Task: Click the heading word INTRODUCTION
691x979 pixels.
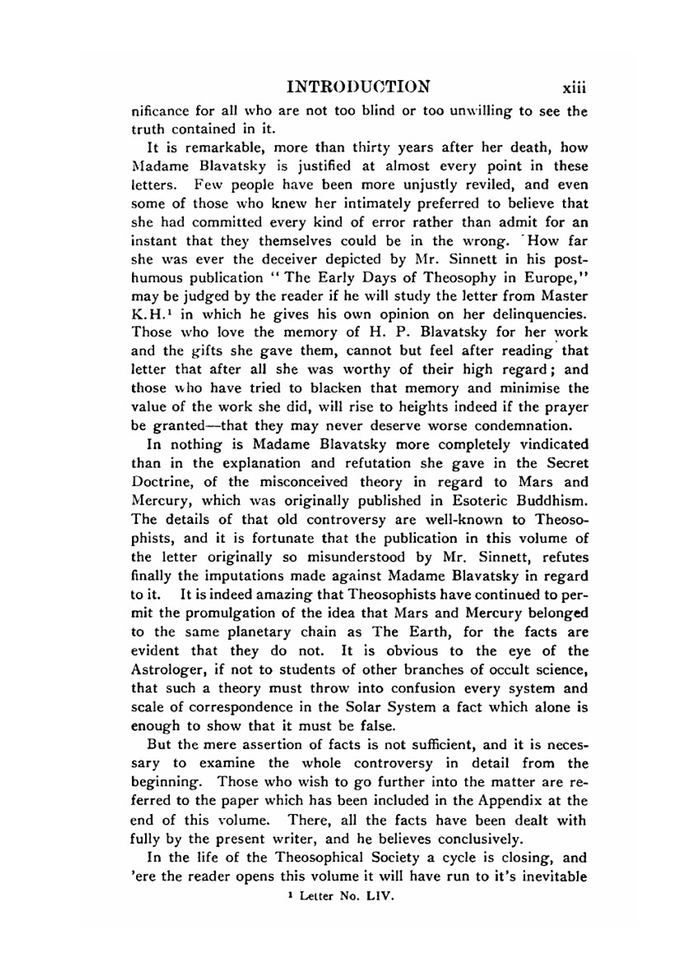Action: pyautogui.click(x=358, y=87)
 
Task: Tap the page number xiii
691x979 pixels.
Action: pyautogui.click(x=574, y=88)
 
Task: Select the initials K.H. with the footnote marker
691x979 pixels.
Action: pyautogui.click(x=146, y=316)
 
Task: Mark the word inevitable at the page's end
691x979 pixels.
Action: pyautogui.click(x=552, y=877)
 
